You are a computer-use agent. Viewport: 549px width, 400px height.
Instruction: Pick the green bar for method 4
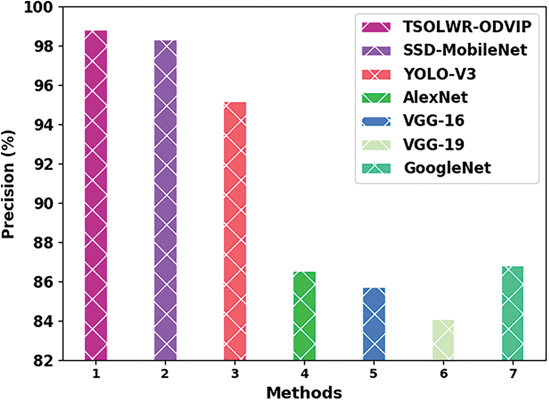(305, 316)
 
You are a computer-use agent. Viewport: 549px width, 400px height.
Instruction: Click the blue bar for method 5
(374, 324)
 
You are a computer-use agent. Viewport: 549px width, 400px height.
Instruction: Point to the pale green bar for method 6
(443, 340)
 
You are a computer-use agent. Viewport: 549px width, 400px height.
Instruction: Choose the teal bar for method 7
(513, 313)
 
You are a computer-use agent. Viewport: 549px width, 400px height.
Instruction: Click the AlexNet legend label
(436, 97)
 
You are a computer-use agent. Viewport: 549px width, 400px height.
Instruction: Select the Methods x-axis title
(304, 392)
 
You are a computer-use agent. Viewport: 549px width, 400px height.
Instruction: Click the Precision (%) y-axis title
(10, 184)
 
